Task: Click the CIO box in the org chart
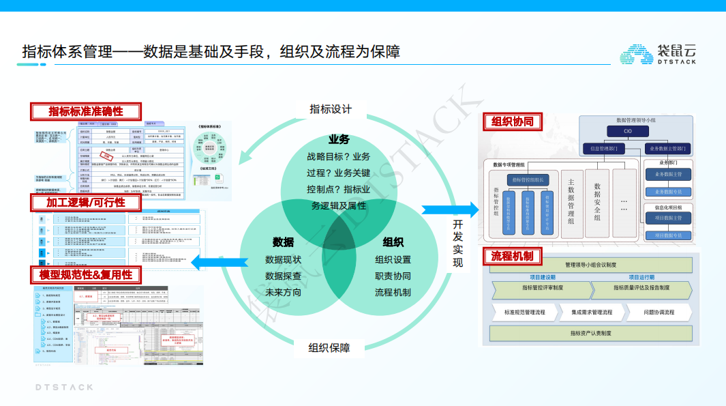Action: (627, 132)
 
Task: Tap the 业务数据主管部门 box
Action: (669, 148)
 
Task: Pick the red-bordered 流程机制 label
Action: (512, 257)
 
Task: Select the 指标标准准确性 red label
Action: (86, 111)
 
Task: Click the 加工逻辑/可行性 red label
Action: (86, 203)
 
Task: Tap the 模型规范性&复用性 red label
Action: (86, 274)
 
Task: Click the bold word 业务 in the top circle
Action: (339, 139)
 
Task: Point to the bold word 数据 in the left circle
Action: (283, 242)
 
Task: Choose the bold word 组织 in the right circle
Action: (393, 242)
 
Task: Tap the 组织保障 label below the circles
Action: (329, 348)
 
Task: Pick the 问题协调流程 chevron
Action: (659, 312)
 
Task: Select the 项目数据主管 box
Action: (668, 218)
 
